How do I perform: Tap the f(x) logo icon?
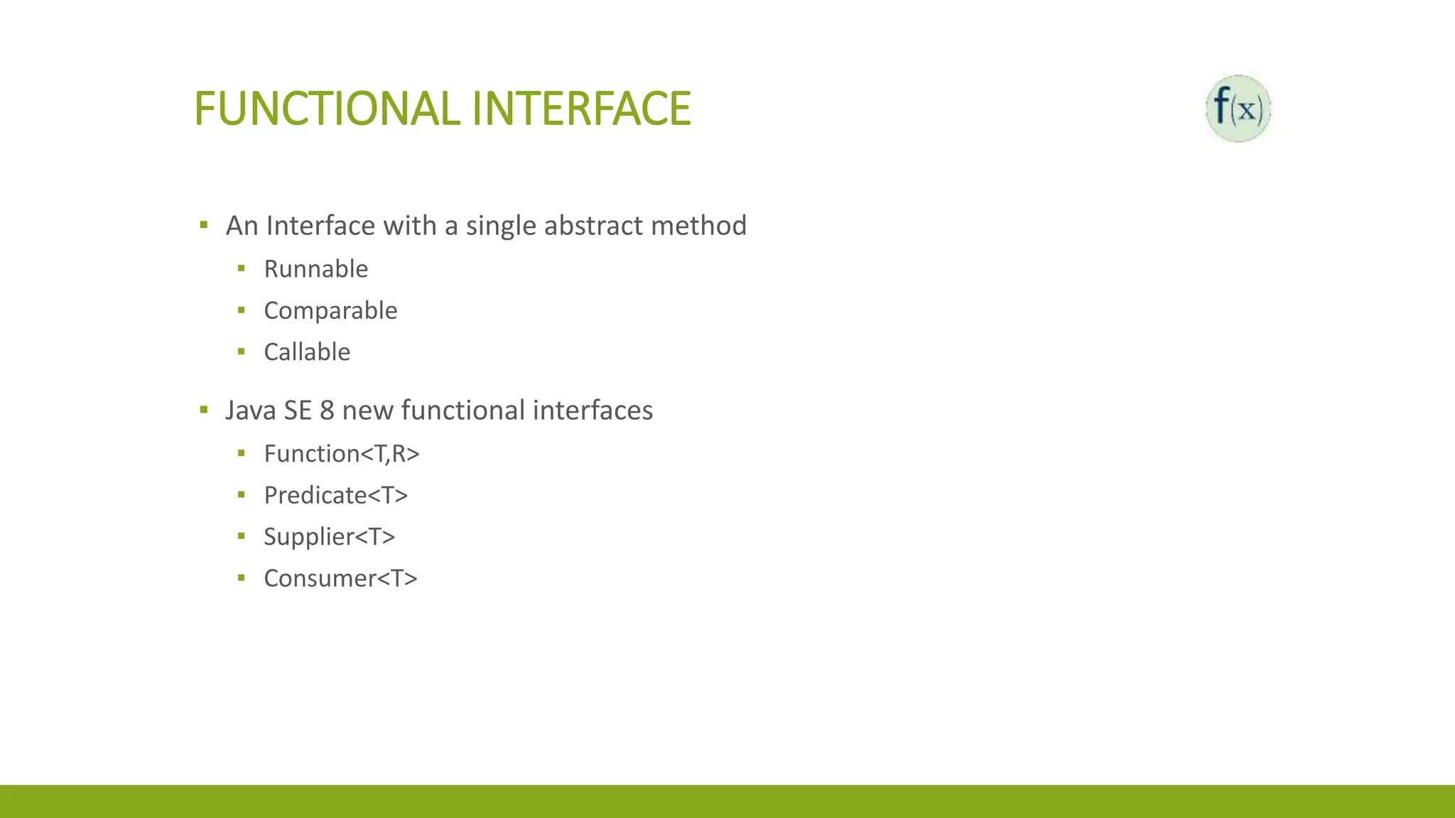tap(1238, 109)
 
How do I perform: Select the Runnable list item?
tap(316, 269)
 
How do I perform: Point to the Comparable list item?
tap(330, 311)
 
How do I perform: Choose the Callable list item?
tap(307, 352)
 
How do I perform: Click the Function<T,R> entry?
tap(342, 454)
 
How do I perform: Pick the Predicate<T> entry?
tap(336, 496)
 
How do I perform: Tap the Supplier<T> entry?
tap(329, 537)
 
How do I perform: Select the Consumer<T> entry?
tap(340, 579)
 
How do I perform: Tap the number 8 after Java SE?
tap(327, 410)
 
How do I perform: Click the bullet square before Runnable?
tap(242, 268)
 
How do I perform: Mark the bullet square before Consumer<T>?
tap(242, 578)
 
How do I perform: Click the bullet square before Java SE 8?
tap(204, 409)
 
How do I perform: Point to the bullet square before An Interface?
tap(204, 225)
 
